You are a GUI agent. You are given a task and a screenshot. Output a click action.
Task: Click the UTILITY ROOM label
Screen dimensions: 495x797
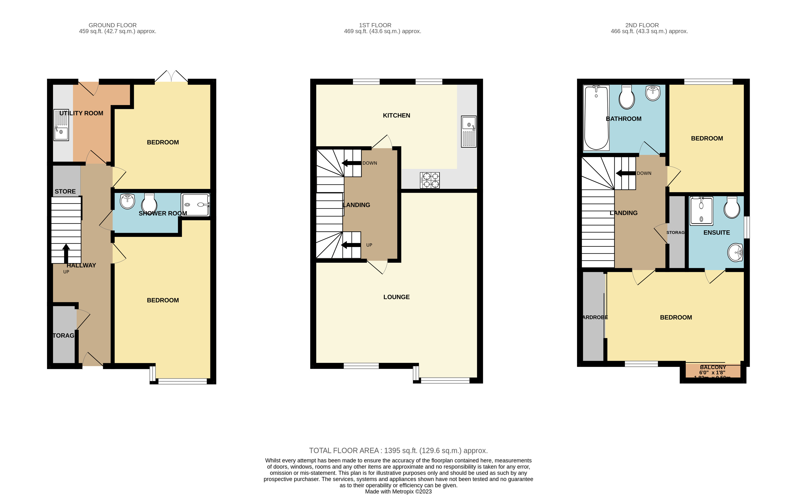tap(81, 113)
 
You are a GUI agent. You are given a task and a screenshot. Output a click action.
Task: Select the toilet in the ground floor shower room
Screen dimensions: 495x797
tap(149, 203)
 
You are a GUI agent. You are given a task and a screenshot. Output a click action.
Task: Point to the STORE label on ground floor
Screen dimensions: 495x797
tap(65, 192)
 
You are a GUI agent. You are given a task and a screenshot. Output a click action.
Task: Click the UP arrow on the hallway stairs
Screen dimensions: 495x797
tap(66, 253)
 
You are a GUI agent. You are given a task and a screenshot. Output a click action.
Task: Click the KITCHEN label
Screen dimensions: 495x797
tap(397, 116)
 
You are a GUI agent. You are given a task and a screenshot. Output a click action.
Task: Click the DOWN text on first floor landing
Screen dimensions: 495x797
tap(370, 163)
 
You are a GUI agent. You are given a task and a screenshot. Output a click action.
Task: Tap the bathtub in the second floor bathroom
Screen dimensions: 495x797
tap(596, 118)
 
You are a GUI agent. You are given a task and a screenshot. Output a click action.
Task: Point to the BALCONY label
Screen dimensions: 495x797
tap(713, 367)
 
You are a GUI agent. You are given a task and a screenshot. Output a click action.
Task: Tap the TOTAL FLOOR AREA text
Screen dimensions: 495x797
tap(398, 451)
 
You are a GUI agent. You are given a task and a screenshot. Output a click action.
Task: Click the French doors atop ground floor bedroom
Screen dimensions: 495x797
tap(171, 76)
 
